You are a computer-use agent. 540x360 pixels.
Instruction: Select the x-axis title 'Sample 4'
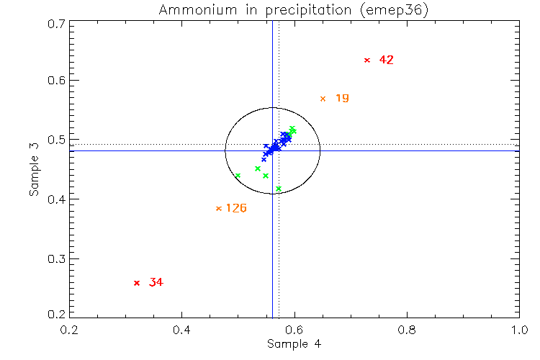(294, 343)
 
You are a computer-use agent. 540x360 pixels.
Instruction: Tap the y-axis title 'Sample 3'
(33, 170)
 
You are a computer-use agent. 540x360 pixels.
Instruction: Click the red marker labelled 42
(367, 60)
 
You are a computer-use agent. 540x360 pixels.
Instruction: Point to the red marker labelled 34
(137, 283)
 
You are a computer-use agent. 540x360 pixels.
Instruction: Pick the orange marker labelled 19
(323, 99)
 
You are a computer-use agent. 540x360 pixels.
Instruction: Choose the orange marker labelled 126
(219, 209)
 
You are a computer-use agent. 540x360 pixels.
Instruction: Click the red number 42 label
(386, 60)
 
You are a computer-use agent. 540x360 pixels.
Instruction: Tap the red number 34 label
(156, 283)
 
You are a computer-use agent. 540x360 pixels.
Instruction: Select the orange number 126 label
(236, 209)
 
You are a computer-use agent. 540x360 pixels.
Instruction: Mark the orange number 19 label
(342, 98)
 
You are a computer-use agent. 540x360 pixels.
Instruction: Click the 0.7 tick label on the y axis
(55, 23)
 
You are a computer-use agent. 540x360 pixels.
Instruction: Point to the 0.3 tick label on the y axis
(55, 259)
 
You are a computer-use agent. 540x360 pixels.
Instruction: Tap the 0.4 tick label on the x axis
(181, 329)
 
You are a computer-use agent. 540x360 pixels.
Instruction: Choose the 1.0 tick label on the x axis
(518, 329)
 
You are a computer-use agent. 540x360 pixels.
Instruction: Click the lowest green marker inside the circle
(279, 189)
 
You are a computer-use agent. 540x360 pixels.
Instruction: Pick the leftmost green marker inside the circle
(238, 176)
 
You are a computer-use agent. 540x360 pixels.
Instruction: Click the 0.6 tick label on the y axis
(55, 81)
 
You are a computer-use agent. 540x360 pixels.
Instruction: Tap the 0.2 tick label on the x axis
(69, 329)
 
